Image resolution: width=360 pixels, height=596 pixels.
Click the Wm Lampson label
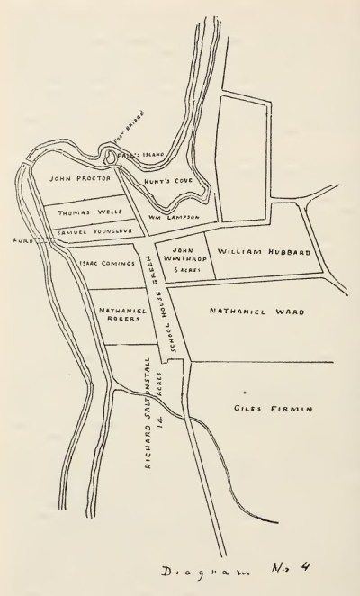pyautogui.click(x=183, y=218)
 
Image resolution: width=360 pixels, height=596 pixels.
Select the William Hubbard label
pyautogui.click(x=265, y=255)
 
